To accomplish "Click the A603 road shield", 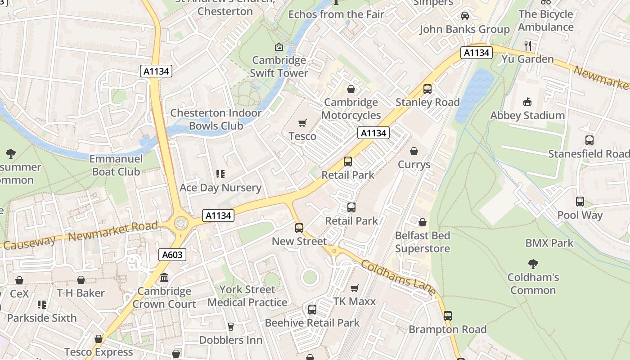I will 172,255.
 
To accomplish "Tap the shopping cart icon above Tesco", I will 302,123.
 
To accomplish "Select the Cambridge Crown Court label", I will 164,297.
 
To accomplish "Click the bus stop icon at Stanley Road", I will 427,89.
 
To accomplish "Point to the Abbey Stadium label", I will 527,116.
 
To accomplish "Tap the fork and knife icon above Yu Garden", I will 528,45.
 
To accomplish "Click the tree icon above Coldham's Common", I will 533,264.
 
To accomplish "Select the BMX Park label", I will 549,243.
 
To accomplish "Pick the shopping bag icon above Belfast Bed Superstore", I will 422,222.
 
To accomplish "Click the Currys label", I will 414,165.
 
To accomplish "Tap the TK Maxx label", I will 354,301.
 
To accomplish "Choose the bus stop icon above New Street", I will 299,228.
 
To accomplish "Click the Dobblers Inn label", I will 230,340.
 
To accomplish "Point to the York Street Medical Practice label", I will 247,296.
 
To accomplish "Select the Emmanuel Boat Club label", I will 116,165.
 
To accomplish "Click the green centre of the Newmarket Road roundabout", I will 181,222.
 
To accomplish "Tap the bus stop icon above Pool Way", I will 580,202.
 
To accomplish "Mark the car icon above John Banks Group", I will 464,16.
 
